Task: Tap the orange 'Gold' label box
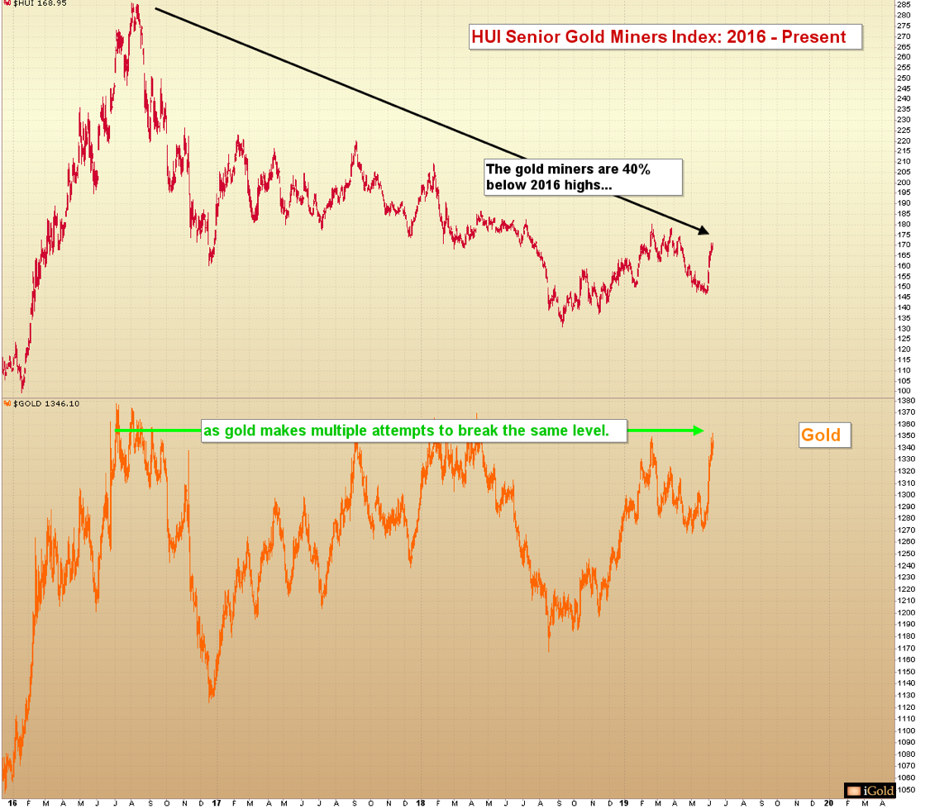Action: click(x=820, y=435)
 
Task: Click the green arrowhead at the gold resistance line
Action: click(x=699, y=431)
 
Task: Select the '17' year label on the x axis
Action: click(x=215, y=802)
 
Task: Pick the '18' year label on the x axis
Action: click(x=419, y=802)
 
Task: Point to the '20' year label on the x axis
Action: click(x=828, y=802)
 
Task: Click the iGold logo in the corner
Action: click(x=867, y=791)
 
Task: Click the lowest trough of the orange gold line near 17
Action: click(x=212, y=699)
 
